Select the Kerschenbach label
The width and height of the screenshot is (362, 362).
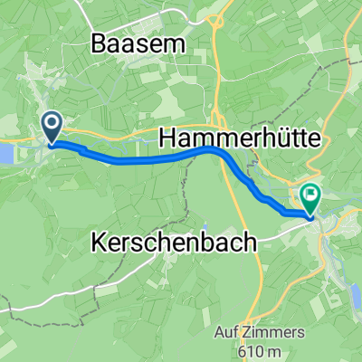pos(174,243)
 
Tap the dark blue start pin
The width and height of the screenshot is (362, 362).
pos(51,128)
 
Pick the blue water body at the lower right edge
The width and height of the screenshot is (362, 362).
pos(356,294)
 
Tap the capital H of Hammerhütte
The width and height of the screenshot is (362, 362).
pos(169,138)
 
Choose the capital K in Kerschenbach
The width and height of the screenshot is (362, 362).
pos(100,243)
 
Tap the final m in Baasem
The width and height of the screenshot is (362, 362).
pos(175,43)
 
